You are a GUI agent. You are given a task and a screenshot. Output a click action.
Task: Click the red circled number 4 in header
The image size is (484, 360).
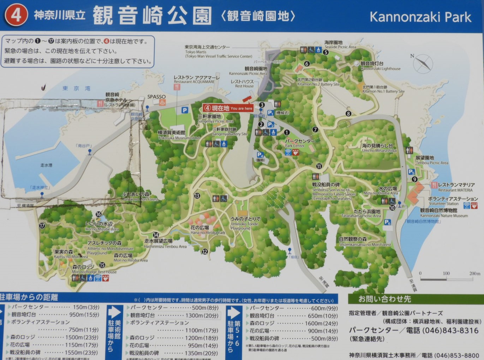pyautogui.click(x=16, y=15)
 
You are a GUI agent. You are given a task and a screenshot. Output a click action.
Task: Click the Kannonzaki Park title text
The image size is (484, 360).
pyautogui.click(x=420, y=17)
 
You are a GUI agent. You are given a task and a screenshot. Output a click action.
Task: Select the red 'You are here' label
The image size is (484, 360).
pyautogui.click(x=228, y=108)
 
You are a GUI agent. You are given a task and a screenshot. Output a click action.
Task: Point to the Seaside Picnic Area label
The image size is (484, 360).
pyautogui.click(x=340, y=44)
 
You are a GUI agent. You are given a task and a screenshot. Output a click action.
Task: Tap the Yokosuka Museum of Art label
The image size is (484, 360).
pyautogui.click(x=179, y=135)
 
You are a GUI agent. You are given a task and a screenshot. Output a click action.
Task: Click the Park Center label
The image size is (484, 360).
pyautogui.click(x=300, y=143)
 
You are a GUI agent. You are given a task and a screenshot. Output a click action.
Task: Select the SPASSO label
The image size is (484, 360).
pyautogui.click(x=156, y=97)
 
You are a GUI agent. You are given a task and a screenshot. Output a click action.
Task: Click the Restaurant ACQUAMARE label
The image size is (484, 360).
pyautogui.click(x=196, y=79)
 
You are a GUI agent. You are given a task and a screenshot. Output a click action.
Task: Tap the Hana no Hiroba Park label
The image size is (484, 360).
pyautogui.click(x=208, y=230)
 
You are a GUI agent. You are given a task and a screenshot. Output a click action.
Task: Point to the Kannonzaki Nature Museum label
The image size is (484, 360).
pyautogui.click(x=443, y=213)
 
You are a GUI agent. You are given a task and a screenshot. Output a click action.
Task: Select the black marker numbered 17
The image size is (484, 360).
pyautogui.click(x=42, y=226)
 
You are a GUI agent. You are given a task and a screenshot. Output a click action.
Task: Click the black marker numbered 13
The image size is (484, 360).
pyautogui.click(x=197, y=196)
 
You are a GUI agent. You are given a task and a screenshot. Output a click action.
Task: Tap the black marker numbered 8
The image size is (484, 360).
pyautogui.click(x=348, y=113)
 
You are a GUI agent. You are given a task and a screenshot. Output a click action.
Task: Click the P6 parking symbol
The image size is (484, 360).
pyautogui.click(x=387, y=222)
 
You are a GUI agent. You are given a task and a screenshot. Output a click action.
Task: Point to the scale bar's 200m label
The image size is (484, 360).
pyautogui.click(x=474, y=273)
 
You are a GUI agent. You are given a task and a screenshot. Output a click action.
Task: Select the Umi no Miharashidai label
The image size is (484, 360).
pyautogui.click(x=379, y=148)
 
